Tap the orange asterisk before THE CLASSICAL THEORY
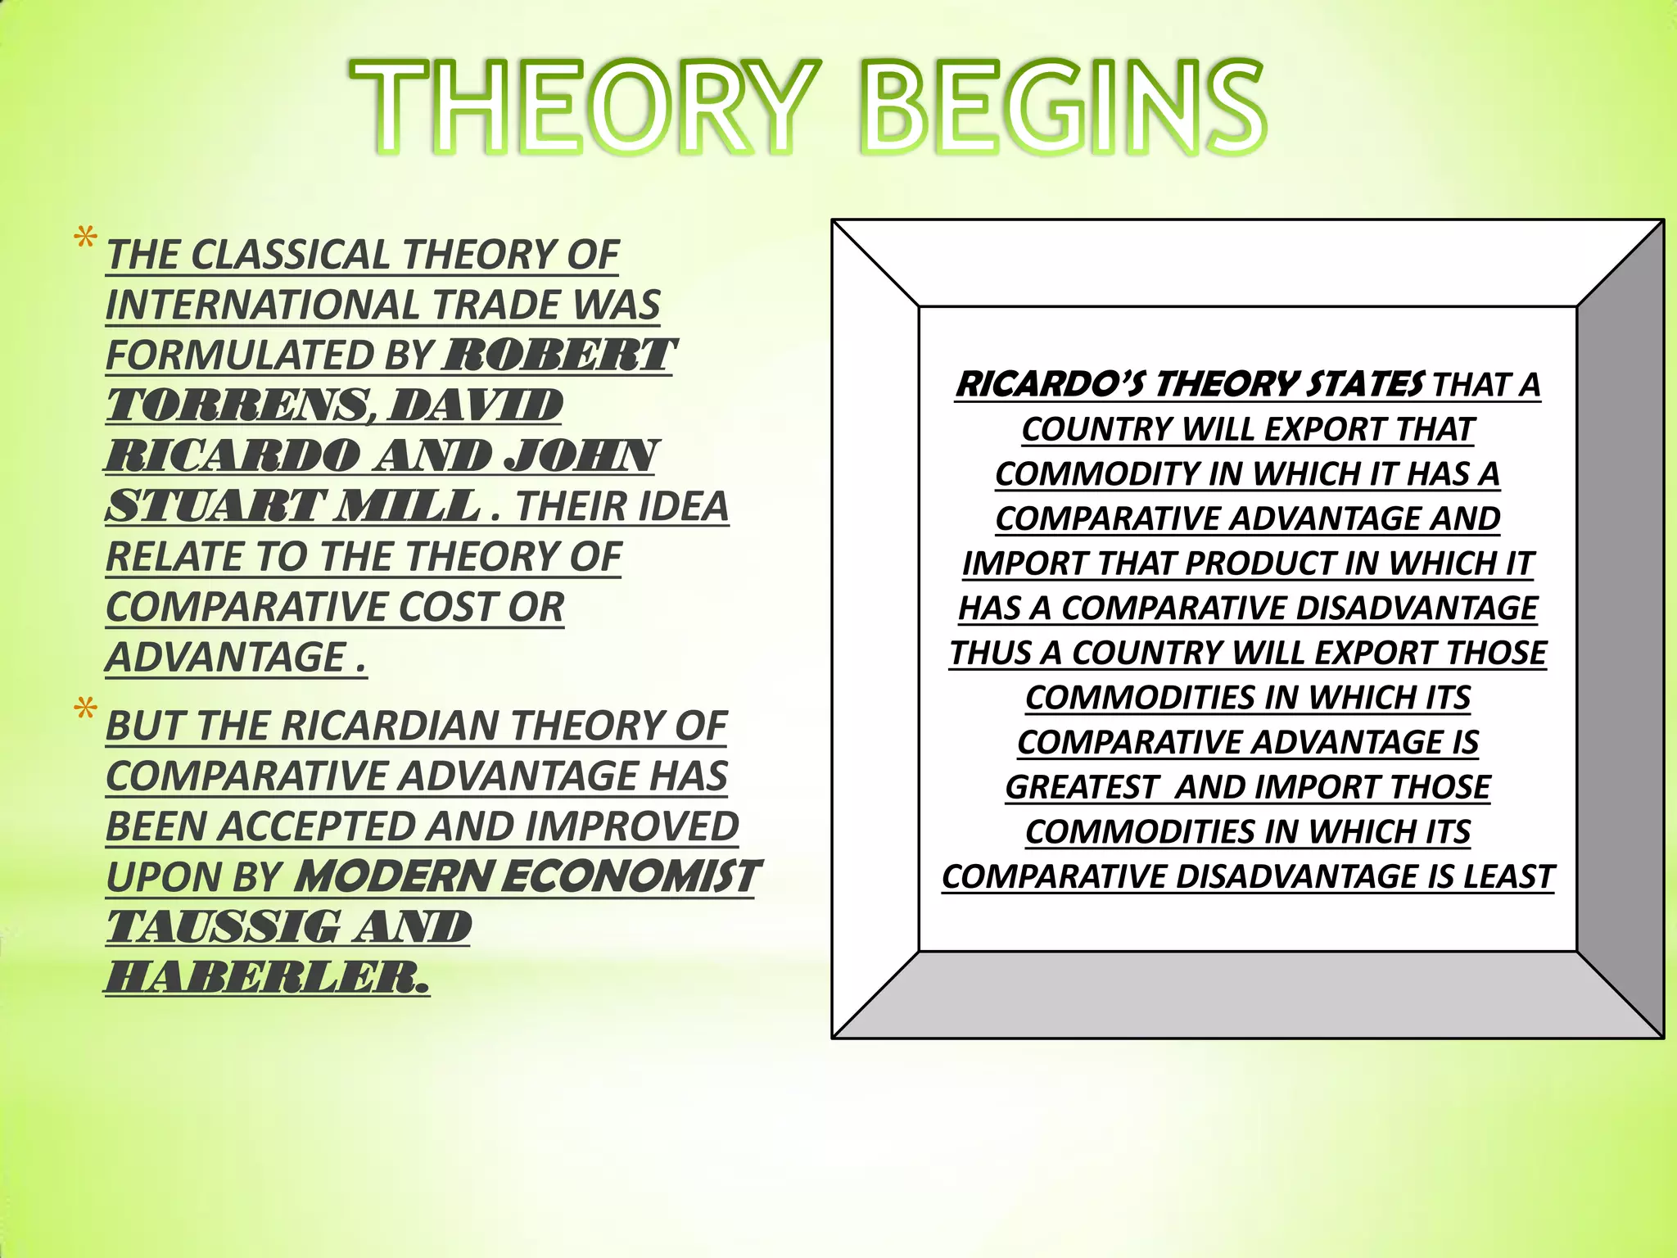85,239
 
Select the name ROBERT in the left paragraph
558,355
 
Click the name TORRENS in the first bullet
236,406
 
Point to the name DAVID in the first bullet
475,406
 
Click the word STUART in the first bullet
213,506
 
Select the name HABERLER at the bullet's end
266,977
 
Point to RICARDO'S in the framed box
1051,384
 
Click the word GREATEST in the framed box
1082,787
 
